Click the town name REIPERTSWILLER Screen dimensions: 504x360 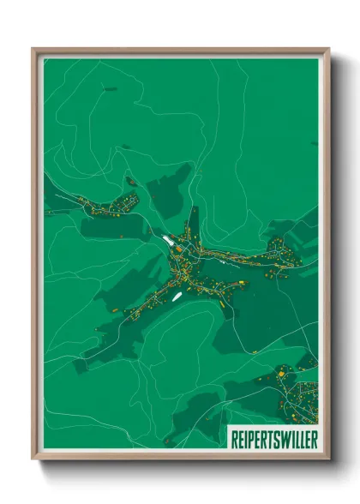point(273,437)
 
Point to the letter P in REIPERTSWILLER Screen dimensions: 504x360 point(248,437)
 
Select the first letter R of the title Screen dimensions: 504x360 point(235,437)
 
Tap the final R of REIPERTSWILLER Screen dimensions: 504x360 point(311,437)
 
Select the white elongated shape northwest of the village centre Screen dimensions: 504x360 point(164,240)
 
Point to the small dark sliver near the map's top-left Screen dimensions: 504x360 point(109,88)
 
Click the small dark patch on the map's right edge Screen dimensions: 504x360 point(314,142)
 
